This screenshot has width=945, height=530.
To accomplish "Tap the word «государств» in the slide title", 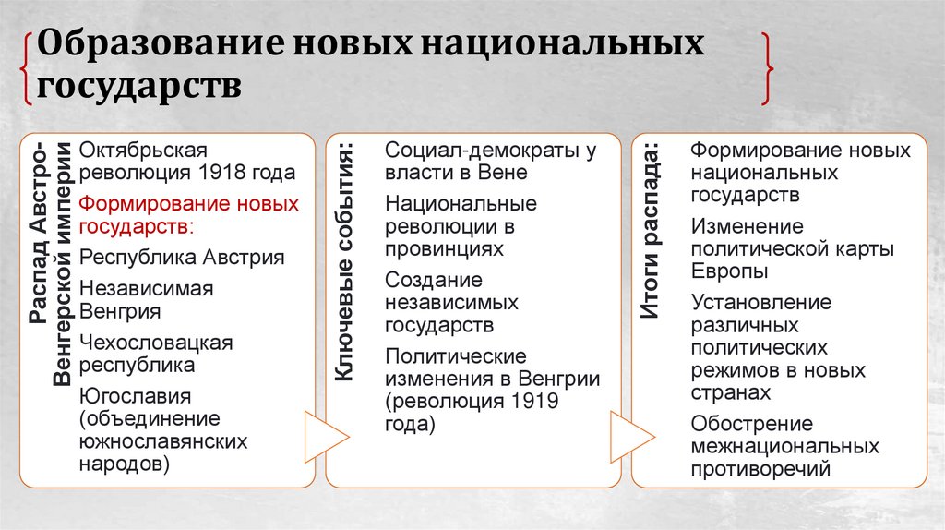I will (x=140, y=87).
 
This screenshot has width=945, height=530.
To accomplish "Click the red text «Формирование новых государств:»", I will (x=188, y=214).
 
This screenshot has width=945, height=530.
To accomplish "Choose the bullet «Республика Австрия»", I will (x=182, y=257).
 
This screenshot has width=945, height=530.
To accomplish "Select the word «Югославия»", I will (x=135, y=397).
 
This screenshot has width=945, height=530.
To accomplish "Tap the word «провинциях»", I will (x=445, y=248).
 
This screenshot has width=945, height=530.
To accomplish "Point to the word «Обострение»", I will (x=751, y=424).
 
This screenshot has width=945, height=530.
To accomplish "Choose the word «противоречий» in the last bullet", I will (x=760, y=469).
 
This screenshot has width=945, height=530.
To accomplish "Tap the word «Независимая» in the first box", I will (x=146, y=289).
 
